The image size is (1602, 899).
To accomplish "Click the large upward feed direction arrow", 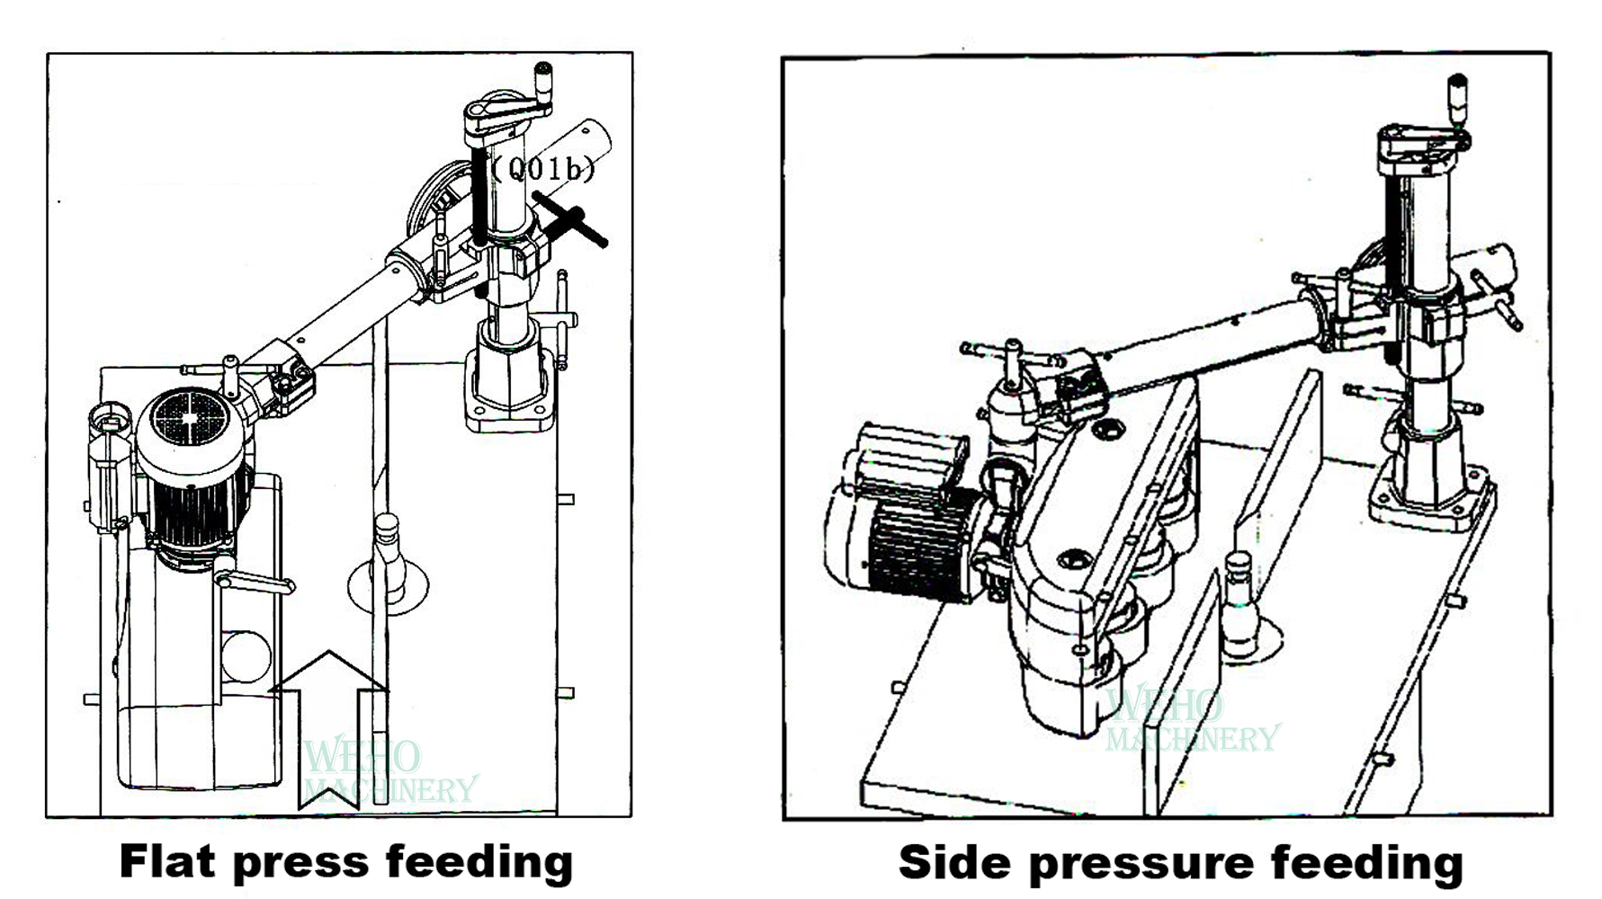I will (329, 719).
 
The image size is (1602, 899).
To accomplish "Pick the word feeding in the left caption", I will (480, 861).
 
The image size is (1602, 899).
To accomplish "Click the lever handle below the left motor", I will (256, 580).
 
